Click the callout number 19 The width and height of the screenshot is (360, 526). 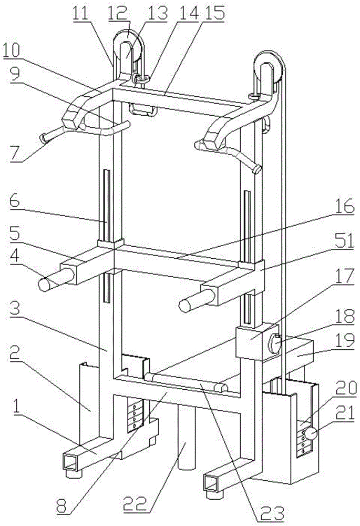point(344,342)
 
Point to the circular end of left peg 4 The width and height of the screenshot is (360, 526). point(44,284)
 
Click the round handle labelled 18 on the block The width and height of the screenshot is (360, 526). point(275,344)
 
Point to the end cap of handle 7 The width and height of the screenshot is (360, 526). point(44,138)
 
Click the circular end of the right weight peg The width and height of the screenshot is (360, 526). point(184,306)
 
